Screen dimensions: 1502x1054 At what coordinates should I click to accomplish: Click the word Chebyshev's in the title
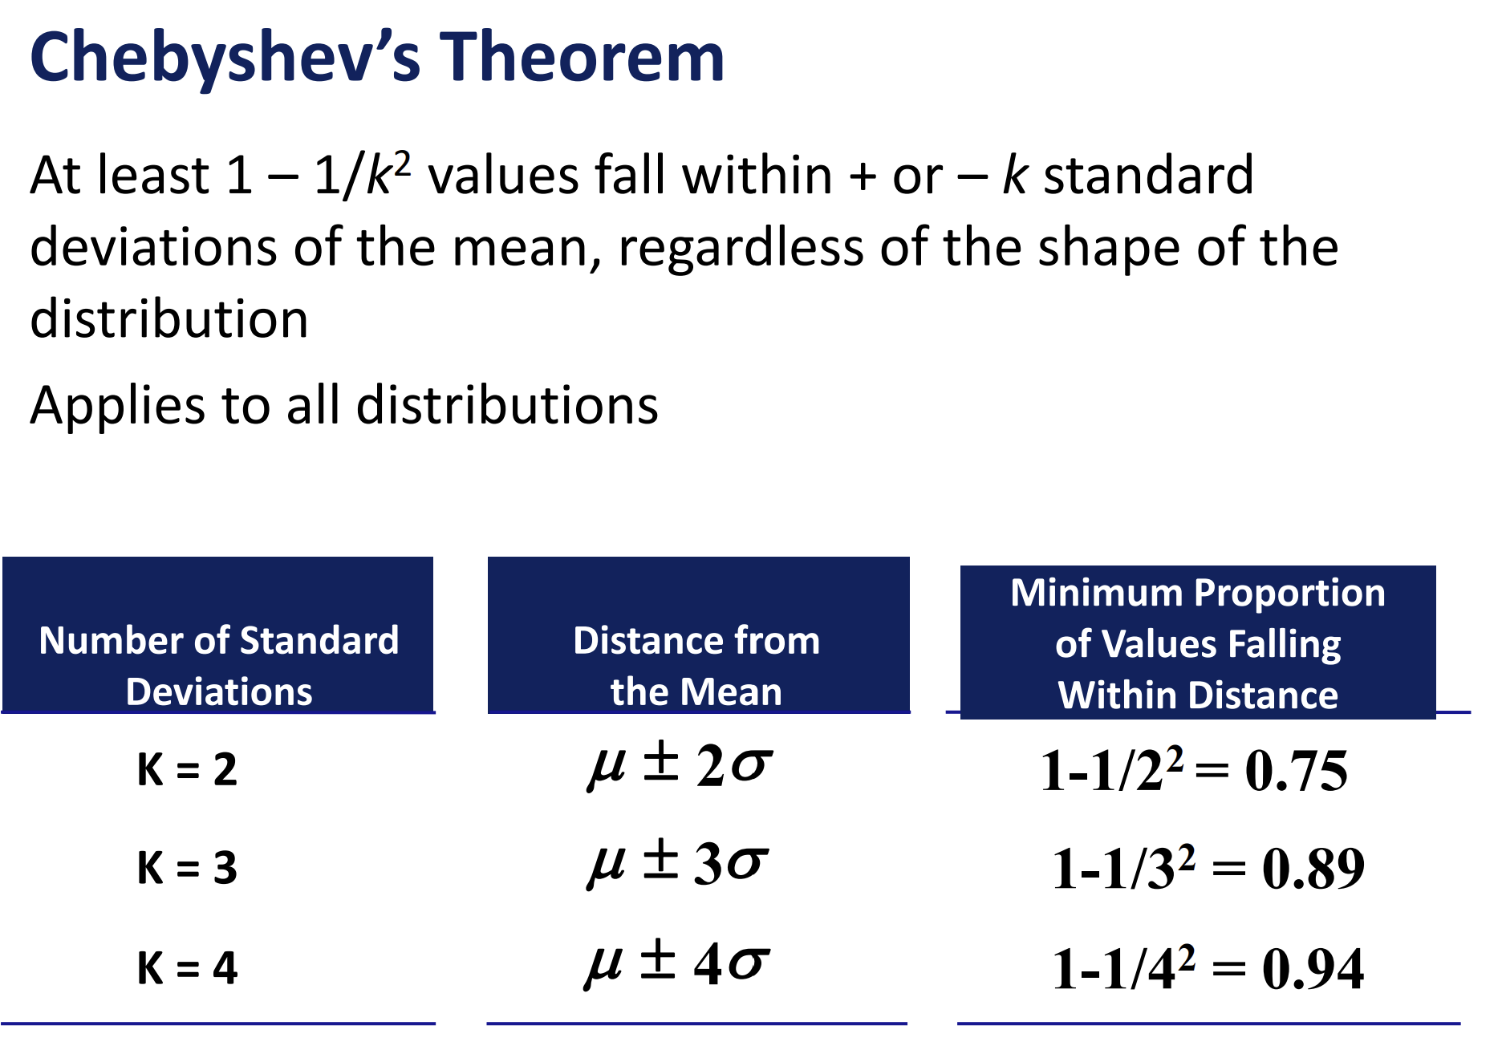[x=225, y=58]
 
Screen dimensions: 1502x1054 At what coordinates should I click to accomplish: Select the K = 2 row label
[x=187, y=769]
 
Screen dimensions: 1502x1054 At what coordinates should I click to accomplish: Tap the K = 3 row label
[x=187, y=868]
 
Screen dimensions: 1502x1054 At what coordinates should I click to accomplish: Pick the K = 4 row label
[x=187, y=967]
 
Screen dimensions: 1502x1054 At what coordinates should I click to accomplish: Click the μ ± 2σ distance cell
[x=680, y=765]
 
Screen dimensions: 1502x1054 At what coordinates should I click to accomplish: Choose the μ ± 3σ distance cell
[x=679, y=864]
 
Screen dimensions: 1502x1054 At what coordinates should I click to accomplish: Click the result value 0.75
[x=1296, y=772]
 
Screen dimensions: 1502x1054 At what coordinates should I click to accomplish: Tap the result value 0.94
[x=1313, y=969]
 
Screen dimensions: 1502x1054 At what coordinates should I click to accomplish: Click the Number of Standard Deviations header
[x=218, y=666]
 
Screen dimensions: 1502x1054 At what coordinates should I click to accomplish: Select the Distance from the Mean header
[x=696, y=666]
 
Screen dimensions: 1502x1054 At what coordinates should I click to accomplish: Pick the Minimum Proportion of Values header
[x=1198, y=643]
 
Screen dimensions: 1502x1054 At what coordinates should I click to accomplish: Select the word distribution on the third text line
[x=169, y=319]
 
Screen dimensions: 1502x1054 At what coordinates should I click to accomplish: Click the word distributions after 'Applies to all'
[x=507, y=405]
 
